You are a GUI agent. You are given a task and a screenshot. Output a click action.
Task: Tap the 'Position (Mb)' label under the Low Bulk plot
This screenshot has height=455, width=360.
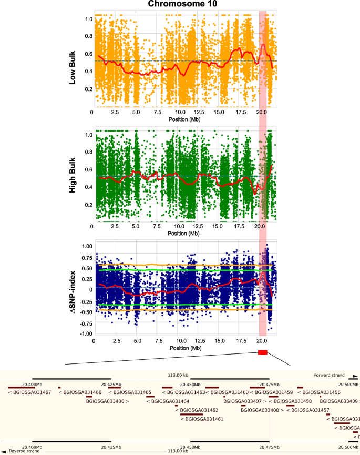pyautogui.click(x=183, y=119)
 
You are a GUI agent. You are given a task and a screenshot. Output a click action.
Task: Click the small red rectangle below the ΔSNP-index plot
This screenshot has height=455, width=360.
pyautogui.click(x=263, y=352)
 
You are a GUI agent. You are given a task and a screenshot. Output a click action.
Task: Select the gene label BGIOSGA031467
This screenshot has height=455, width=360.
pyautogui.click(x=30, y=392)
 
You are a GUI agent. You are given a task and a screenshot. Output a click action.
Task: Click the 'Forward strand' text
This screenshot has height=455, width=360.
pyautogui.click(x=329, y=375)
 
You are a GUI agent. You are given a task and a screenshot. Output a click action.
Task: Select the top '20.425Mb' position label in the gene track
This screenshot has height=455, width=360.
pyautogui.click(x=111, y=385)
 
